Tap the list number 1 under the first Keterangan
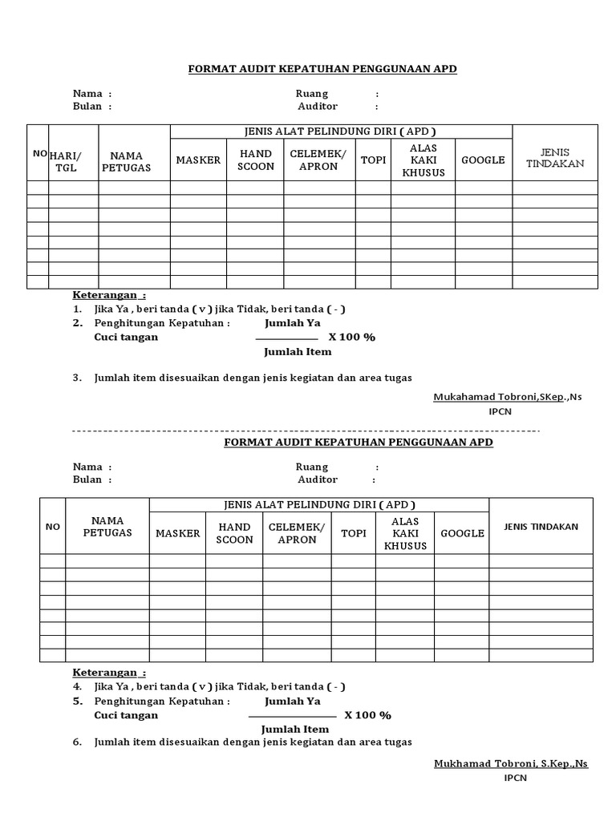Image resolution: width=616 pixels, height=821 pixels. point(78,309)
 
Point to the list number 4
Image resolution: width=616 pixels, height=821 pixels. point(78,686)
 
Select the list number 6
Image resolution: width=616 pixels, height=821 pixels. point(78,742)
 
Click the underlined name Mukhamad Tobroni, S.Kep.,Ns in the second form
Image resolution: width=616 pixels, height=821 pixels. point(511,763)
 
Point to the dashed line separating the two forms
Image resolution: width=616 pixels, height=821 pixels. point(306,431)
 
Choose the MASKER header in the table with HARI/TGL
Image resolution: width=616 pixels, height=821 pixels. point(198,160)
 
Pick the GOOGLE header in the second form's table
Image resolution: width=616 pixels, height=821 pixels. point(462,533)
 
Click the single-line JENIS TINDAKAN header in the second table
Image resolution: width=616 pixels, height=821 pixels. point(541,527)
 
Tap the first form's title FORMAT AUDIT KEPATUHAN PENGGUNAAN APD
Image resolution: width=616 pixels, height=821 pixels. point(322,69)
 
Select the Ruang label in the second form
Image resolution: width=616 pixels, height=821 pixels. point(311,467)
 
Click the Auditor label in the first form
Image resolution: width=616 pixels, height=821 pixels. point(318,106)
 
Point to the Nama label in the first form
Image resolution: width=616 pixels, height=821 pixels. point(87,93)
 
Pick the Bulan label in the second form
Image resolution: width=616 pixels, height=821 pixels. point(87,479)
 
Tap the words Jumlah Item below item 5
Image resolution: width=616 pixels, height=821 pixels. point(295,729)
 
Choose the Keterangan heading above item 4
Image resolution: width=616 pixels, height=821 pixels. point(109,672)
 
